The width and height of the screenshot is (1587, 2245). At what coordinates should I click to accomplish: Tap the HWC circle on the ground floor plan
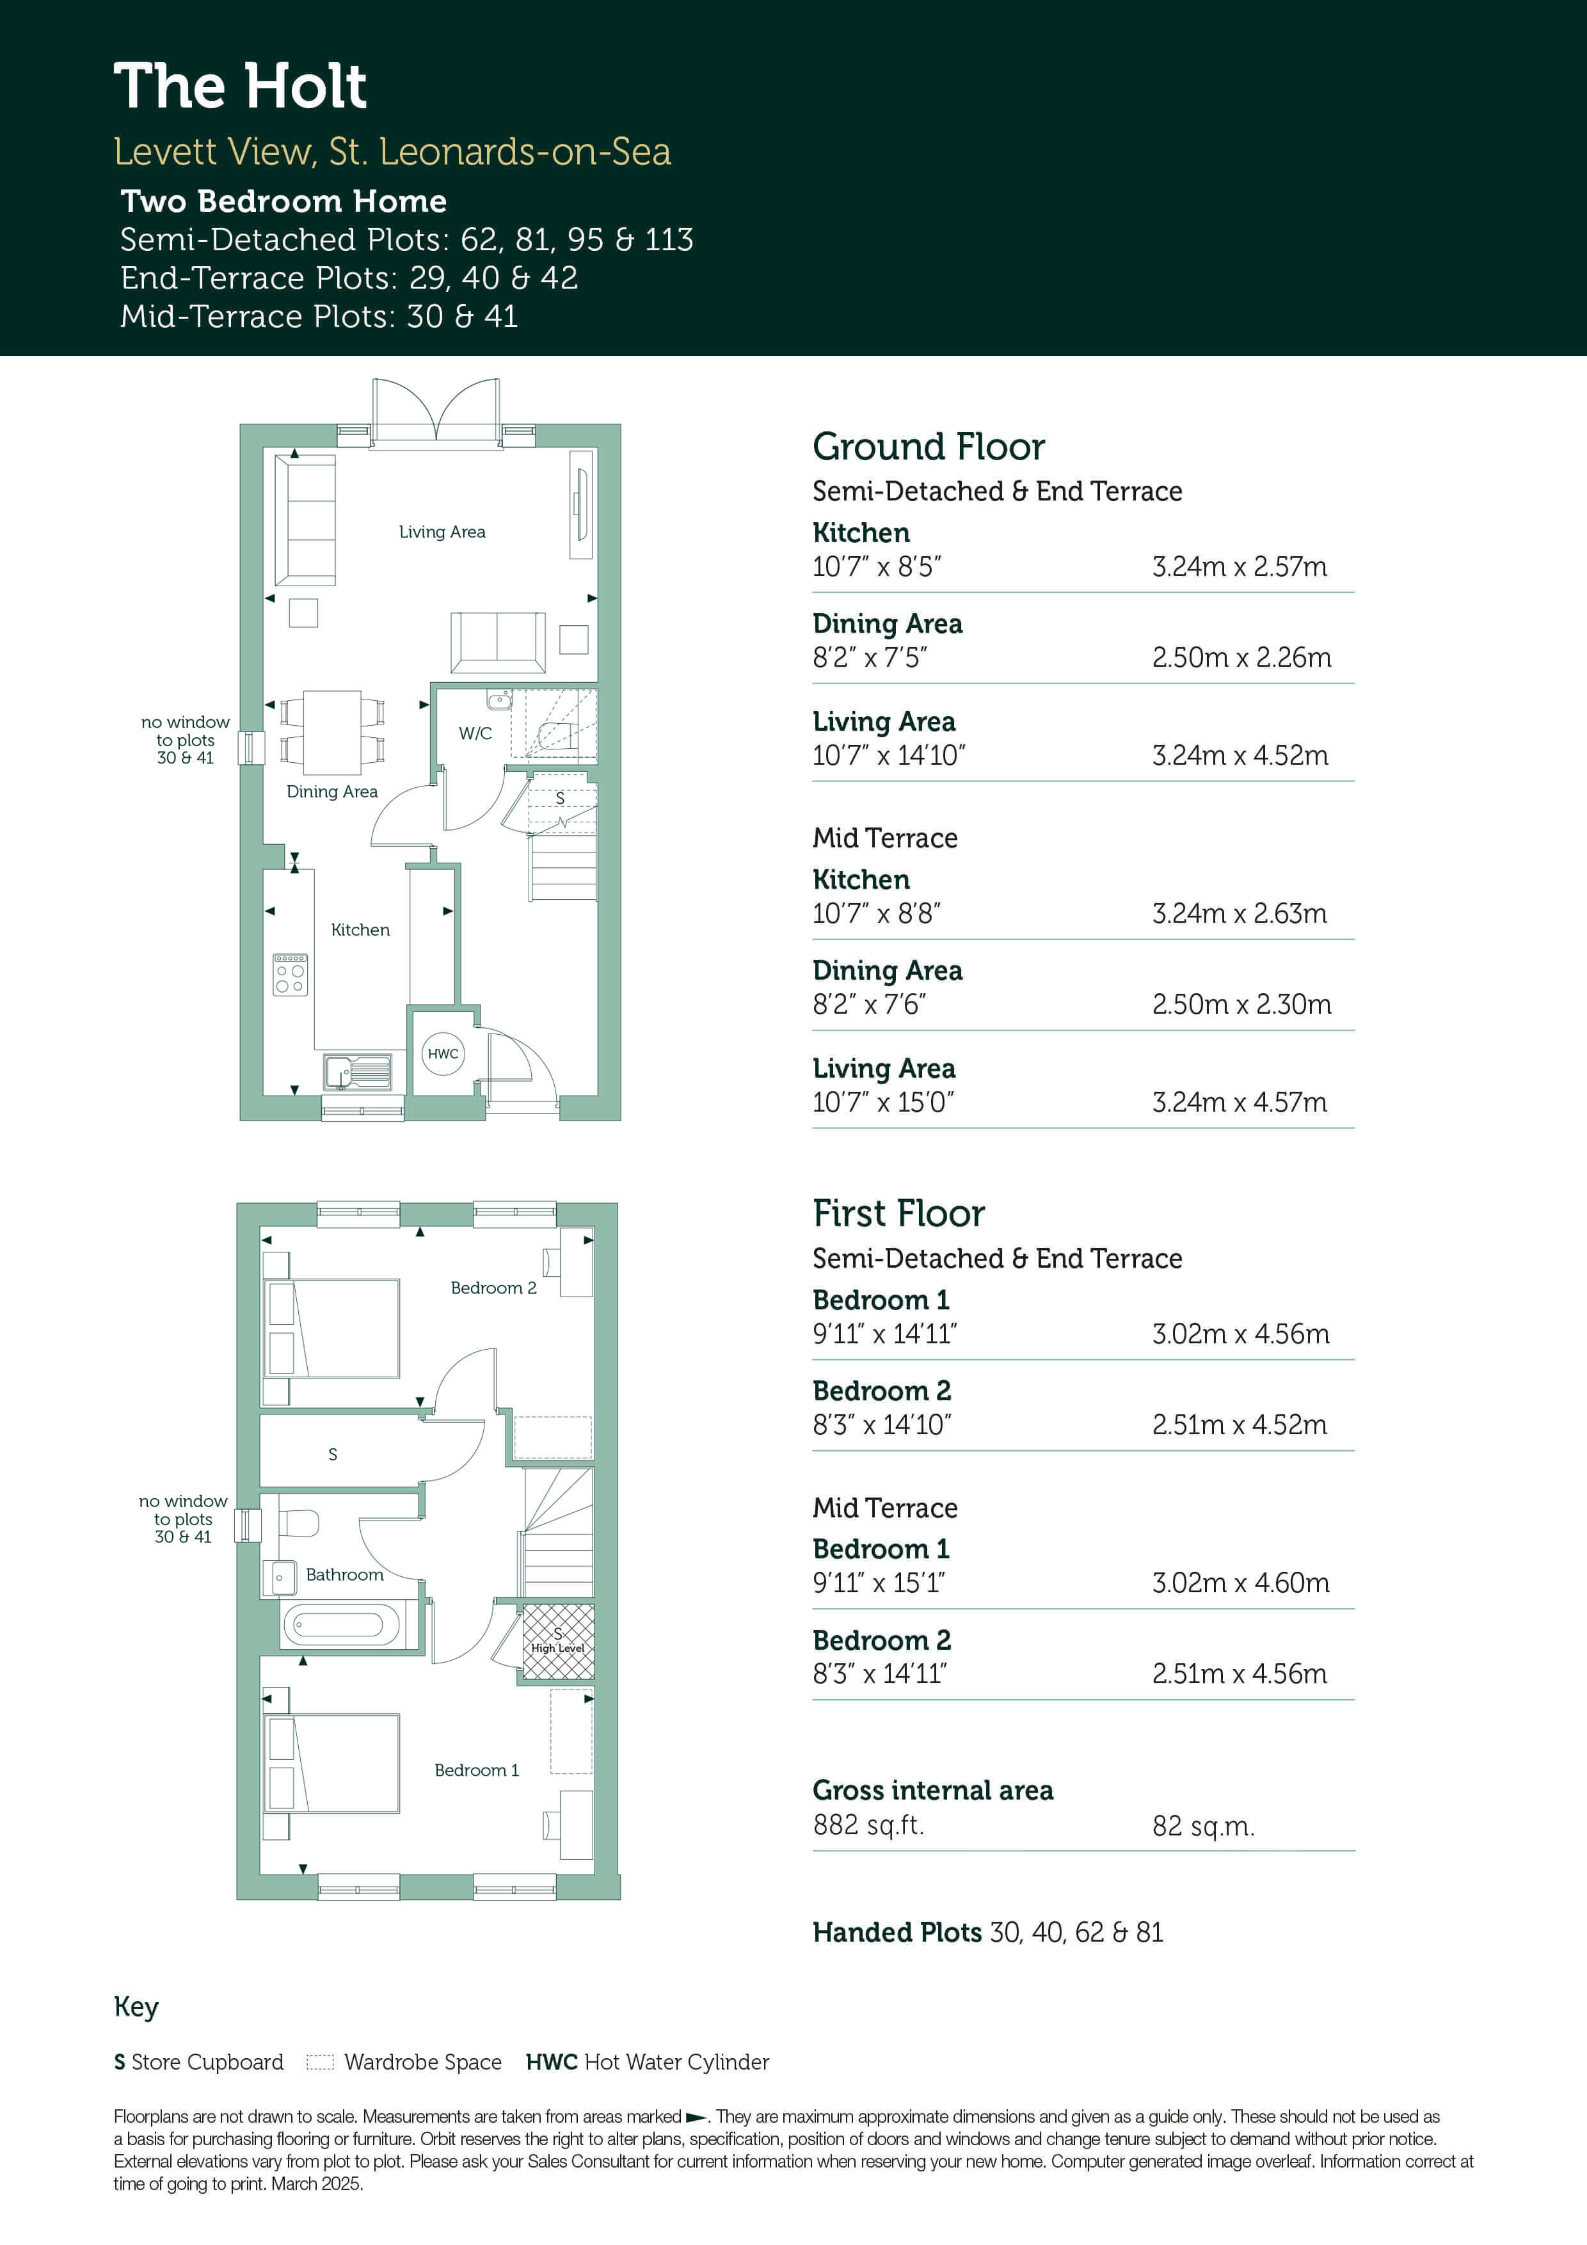tap(443, 1053)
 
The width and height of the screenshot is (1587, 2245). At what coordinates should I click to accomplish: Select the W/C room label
tap(475, 733)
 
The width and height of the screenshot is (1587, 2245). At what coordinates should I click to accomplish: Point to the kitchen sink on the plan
tap(358, 1072)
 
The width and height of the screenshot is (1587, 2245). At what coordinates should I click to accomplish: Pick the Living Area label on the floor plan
tap(442, 532)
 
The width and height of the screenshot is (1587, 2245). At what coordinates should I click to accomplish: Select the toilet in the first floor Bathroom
tap(300, 1523)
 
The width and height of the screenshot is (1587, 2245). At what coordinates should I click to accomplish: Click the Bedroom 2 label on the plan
tap(494, 1288)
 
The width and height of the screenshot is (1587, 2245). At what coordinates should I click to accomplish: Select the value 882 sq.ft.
tap(868, 1825)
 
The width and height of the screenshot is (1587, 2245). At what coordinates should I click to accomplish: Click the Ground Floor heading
tap(929, 447)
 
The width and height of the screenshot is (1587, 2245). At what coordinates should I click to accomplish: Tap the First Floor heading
tap(898, 1213)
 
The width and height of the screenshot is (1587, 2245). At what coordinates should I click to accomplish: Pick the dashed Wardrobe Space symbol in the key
tap(320, 2062)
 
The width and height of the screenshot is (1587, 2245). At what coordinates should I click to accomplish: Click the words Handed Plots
tap(897, 1932)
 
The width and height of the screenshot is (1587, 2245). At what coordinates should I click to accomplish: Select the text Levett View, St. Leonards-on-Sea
tap(392, 152)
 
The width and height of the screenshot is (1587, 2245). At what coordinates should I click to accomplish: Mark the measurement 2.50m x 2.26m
tap(1241, 657)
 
